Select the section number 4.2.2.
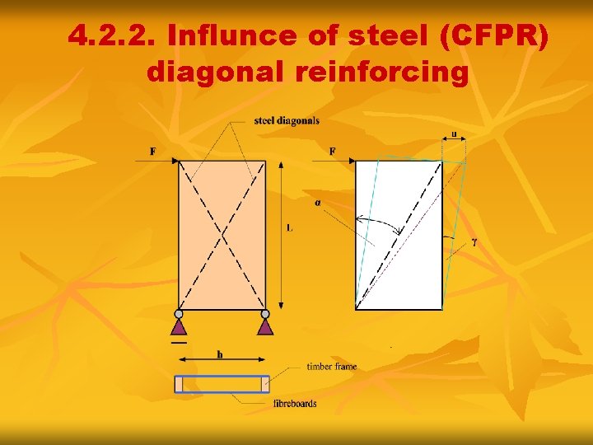pyautogui.click(x=112, y=36)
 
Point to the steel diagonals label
pyautogui.click(x=287, y=121)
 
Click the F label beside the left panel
pyautogui.click(x=153, y=151)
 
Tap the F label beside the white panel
pyautogui.click(x=333, y=151)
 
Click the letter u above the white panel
pyautogui.click(x=454, y=133)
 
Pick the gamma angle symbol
pyautogui.click(x=475, y=243)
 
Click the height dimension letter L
pyautogui.click(x=290, y=227)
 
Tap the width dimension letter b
pyautogui.click(x=220, y=354)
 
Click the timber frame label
pyautogui.click(x=331, y=366)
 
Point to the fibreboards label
pyautogui.click(x=294, y=403)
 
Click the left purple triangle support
pyautogui.click(x=179, y=326)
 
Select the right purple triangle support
pyautogui.click(x=265, y=326)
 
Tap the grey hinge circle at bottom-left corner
pyautogui.click(x=179, y=314)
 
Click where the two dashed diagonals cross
pyautogui.click(x=222, y=237)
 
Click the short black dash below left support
pyautogui.click(x=179, y=341)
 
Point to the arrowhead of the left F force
pyautogui.click(x=176, y=161)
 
